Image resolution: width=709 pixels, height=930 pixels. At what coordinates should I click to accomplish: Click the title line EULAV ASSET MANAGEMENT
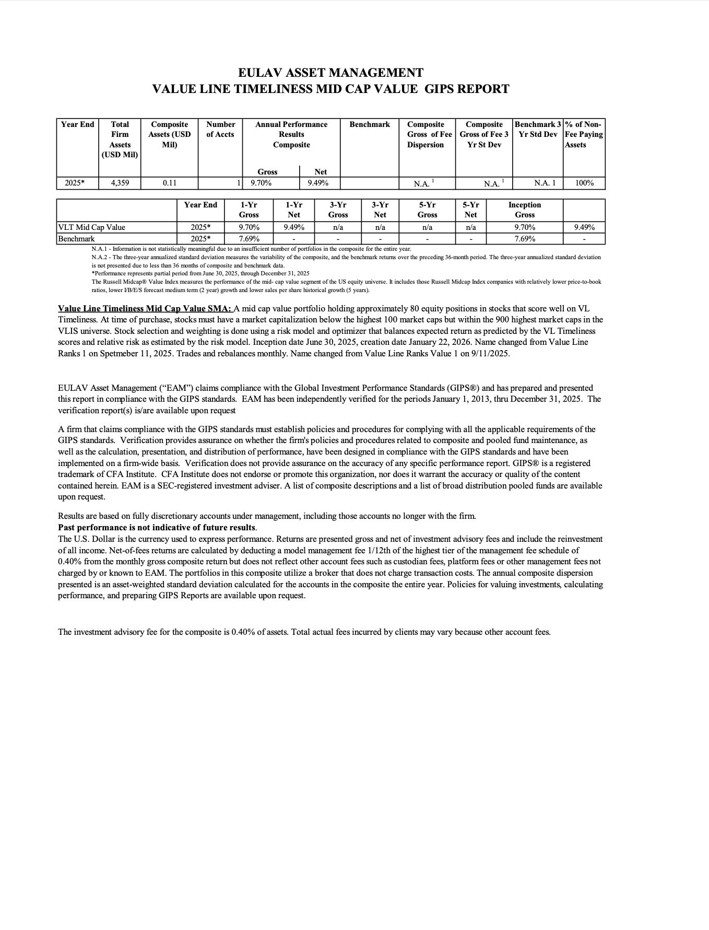(330, 73)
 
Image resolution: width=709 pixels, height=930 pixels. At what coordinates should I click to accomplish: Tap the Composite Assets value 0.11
(169, 183)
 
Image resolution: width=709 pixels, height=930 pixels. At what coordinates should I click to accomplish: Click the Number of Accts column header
(220, 129)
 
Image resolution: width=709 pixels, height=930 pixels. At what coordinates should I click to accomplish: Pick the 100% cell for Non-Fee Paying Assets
(584, 183)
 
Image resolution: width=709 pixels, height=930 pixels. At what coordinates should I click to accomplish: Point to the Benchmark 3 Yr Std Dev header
(538, 129)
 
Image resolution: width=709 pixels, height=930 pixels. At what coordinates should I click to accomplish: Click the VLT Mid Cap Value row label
(92, 227)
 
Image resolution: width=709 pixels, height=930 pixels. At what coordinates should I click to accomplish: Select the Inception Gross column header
(524, 210)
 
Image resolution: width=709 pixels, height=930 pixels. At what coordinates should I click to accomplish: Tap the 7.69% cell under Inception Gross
(524, 239)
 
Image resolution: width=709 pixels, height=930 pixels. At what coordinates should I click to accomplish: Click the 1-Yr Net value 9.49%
(294, 227)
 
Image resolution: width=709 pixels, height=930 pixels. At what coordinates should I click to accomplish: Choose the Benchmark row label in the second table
(77, 239)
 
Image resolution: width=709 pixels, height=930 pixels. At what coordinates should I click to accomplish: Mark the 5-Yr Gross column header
(427, 210)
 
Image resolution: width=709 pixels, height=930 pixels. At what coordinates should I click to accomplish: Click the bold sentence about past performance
(157, 527)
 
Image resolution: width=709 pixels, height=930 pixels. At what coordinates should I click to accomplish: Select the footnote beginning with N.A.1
(251, 249)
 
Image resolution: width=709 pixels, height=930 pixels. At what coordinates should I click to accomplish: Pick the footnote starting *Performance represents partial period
(200, 273)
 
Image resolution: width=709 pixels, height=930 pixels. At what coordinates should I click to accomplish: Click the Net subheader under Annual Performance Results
(320, 172)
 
